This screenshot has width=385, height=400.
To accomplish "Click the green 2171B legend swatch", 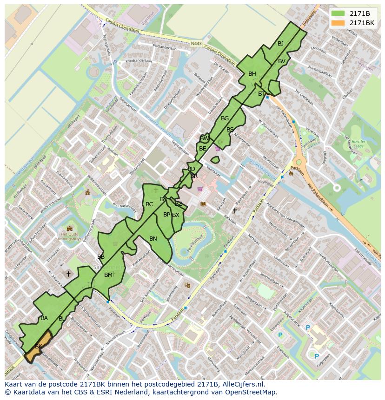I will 339,13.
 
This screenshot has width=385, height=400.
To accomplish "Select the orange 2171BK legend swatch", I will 339,22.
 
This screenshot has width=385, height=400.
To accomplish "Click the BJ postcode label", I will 280,44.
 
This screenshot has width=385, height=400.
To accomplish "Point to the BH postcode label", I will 252,74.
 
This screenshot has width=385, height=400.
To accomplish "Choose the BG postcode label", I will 225,118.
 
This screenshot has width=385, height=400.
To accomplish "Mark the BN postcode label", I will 153,238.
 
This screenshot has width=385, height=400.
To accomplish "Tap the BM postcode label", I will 108,275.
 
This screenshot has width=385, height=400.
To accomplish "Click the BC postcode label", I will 149,204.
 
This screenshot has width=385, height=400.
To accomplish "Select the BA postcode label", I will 44,318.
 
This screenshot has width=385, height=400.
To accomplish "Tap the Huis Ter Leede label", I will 357,143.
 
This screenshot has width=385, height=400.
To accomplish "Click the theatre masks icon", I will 187,285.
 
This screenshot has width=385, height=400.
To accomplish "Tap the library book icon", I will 203,203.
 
